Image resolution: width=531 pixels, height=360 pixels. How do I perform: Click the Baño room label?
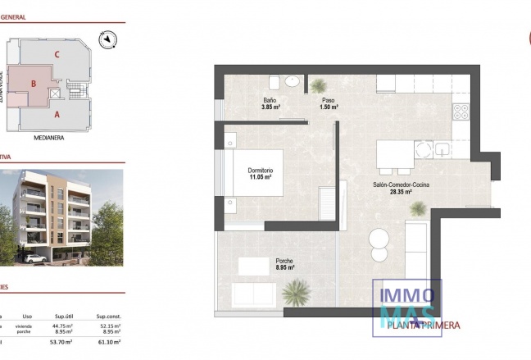[x=270, y=100]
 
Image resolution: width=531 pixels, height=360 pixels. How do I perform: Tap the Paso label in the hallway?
[x=329, y=100]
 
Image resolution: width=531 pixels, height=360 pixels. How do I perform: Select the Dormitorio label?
[x=261, y=171]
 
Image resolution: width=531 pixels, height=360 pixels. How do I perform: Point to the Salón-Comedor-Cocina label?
[x=401, y=185]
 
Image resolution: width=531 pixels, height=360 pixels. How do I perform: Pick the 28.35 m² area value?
[x=401, y=192]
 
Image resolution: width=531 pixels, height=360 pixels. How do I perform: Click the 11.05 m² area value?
[x=261, y=177]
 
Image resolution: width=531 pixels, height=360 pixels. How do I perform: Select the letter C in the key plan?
[x=57, y=54]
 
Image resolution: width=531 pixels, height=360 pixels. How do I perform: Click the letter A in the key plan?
[x=57, y=115]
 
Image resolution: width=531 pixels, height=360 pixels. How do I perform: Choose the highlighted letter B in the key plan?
[x=33, y=83]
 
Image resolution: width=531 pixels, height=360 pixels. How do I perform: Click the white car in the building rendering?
[x=34, y=258]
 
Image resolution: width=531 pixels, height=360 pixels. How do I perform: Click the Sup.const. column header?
[x=109, y=315]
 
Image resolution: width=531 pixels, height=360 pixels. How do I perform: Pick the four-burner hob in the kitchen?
[x=461, y=112]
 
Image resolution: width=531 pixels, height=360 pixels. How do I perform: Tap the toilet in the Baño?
[x=293, y=83]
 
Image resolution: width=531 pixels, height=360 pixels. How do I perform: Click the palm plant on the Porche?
[x=295, y=292]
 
